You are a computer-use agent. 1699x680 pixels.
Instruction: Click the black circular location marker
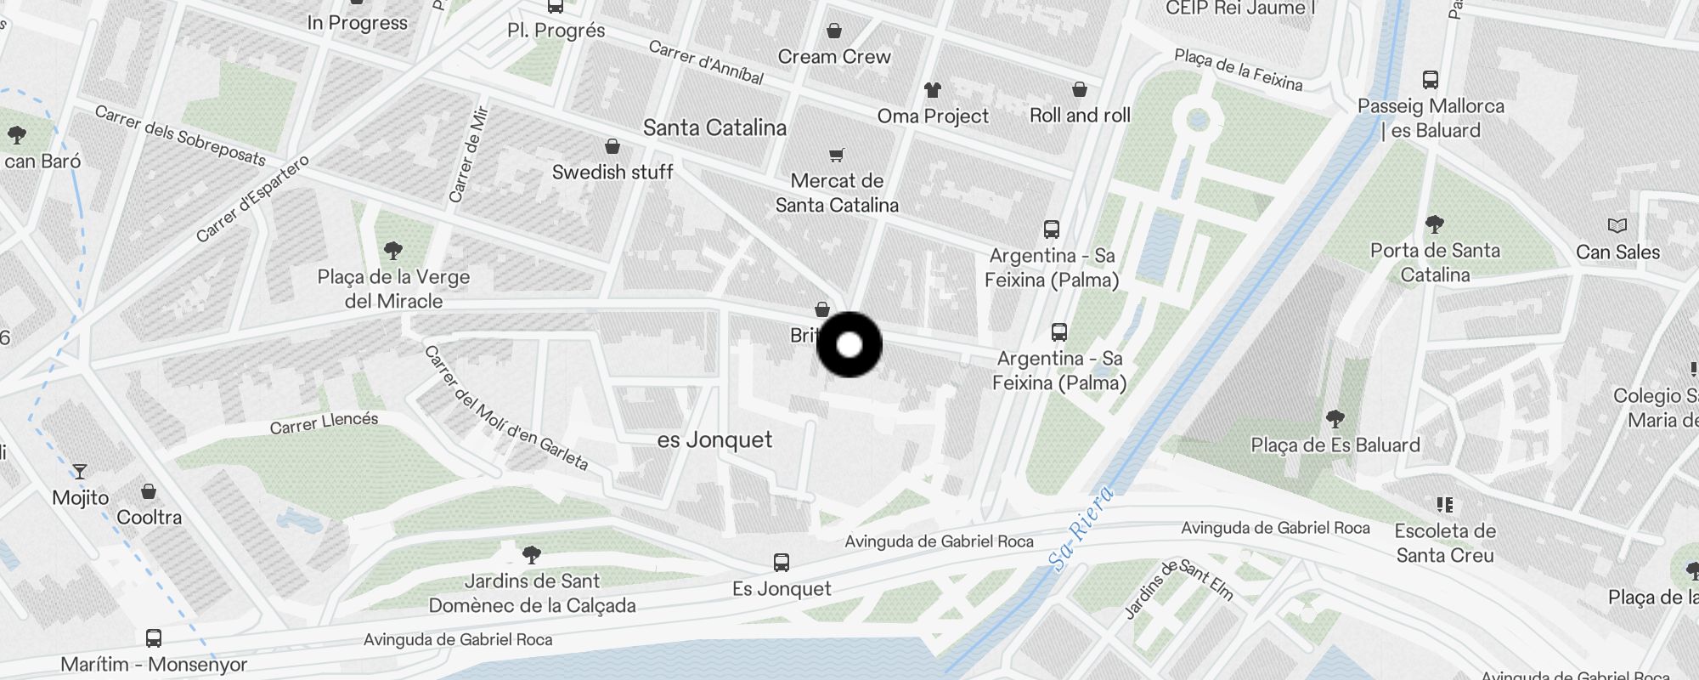pyautogui.click(x=849, y=345)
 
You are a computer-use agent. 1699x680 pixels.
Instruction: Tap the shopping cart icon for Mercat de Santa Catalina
pyautogui.click(x=837, y=155)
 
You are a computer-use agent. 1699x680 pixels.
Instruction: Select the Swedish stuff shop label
pyautogui.click(x=612, y=172)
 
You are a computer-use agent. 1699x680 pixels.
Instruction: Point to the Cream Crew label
pyautogui.click(x=834, y=57)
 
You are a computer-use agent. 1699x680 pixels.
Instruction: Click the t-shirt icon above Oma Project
pyautogui.click(x=933, y=89)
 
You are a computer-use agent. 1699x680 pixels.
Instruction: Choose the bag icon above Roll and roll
pyautogui.click(x=1080, y=89)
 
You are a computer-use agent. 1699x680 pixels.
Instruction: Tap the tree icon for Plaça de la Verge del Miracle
pyautogui.click(x=392, y=250)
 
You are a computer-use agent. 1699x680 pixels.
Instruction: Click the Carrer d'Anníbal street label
pyautogui.click(x=706, y=63)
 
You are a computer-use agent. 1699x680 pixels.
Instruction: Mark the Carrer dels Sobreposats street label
pyautogui.click(x=180, y=136)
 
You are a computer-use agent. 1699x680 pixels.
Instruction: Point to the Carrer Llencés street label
pyautogui.click(x=324, y=422)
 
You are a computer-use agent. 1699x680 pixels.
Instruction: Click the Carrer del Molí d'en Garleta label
pyautogui.click(x=506, y=408)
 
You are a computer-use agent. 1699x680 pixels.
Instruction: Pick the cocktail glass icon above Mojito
pyautogui.click(x=80, y=471)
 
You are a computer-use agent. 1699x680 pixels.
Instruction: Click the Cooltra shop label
pyautogui.click(x=149, y=517)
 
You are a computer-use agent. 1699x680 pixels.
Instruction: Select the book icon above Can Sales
pyautogui.click(x=1617, y=226)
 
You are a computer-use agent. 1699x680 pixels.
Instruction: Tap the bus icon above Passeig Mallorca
pyautogui.click(x=1431, y=81)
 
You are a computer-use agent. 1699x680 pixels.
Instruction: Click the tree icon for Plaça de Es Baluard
pyautogui.click(x=1335, y=418)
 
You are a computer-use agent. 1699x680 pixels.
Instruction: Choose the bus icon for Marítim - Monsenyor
pyautogui.click(x=154, y=637)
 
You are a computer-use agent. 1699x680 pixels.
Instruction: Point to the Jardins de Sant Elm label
pyautogui.click(x=1178, y=587)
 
